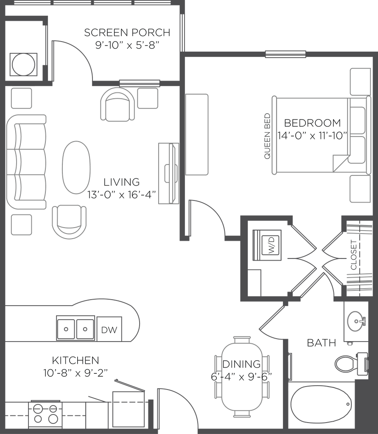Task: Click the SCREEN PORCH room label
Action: coord(127,32)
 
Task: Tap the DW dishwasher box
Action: coord(109,329)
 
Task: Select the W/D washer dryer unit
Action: coord(267,245)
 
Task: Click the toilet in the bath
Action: coord(351,363)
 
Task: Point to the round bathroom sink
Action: coord(356,321)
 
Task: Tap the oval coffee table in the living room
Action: coord(76,167)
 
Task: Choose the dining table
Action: coord(242,377)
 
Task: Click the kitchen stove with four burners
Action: coord(45,415)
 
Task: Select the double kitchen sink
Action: coord(76,328)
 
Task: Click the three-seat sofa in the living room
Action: coord(26,162)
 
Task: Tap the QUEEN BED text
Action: coord(267,136)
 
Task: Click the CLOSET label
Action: coord(354,255)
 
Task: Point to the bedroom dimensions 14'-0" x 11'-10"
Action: coord(313,136)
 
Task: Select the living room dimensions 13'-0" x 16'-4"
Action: coord(122,195)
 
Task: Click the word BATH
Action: coord(322,343)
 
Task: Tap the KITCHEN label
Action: coord(76,360)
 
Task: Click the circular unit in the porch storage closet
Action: coord(24,64)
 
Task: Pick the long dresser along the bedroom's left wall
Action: coord(197,134)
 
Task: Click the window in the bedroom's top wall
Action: coord(286,54)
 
